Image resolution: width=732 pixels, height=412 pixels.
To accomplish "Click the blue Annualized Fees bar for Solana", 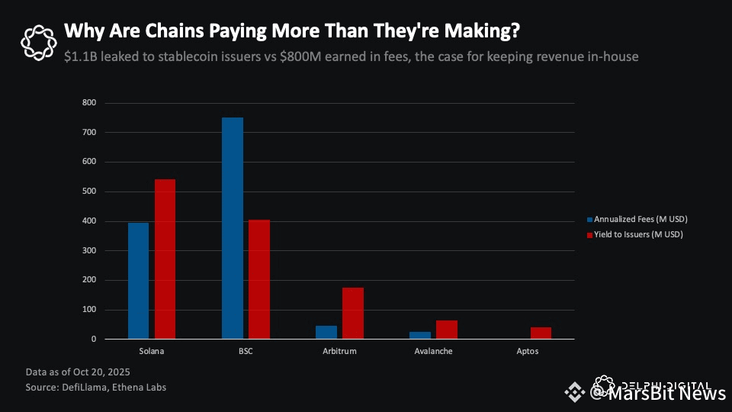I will [x=138, y=281].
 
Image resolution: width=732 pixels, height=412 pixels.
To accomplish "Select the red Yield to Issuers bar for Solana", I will [x=165, y=259].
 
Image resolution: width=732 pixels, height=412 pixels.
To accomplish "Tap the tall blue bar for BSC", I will [x=233, y=228].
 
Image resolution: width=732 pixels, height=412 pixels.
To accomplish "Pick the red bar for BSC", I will [x=259, y=279].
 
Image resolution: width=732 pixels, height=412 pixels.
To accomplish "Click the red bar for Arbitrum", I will [x=353, y=313].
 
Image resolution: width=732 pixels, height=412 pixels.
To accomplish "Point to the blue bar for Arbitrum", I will [x=326, y=332].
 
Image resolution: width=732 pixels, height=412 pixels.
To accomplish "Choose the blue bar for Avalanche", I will [x=420, y=335].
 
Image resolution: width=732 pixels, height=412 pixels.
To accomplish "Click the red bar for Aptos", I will [x=541, y=333].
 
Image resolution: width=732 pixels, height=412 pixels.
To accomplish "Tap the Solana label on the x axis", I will [x=152, y=352].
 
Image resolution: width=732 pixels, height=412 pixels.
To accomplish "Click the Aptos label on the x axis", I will [x=527, y=352].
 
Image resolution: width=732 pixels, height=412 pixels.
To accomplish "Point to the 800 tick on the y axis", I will [x=90, y=103].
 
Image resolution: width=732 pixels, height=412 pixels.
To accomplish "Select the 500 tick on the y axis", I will [x=90, y=192].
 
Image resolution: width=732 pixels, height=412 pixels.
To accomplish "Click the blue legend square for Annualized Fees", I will [x=589, y=220].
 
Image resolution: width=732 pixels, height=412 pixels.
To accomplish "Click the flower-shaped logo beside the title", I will [x=38, y=42].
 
